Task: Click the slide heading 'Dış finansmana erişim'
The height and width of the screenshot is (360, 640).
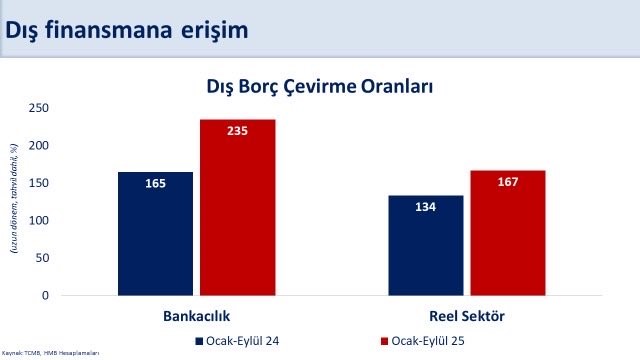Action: tap(127, 30)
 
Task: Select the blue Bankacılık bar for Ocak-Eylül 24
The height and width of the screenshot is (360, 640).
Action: tap(155, 234)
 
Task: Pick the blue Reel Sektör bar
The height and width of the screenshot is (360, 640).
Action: tap(426, 246)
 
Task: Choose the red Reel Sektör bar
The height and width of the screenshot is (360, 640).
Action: tap(508, 233)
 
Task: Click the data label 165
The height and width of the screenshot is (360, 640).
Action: tap(155, 183)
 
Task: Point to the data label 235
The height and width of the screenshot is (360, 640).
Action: tap(237, 131)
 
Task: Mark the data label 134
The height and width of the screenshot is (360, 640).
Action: tap(426, 207)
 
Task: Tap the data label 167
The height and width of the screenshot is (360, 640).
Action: tap(508, 182)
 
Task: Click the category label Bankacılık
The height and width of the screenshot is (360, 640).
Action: tap(196, 316)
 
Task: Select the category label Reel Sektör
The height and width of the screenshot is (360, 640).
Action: tap(467, 316)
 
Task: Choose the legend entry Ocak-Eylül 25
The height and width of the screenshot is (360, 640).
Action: tap(396, 341)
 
